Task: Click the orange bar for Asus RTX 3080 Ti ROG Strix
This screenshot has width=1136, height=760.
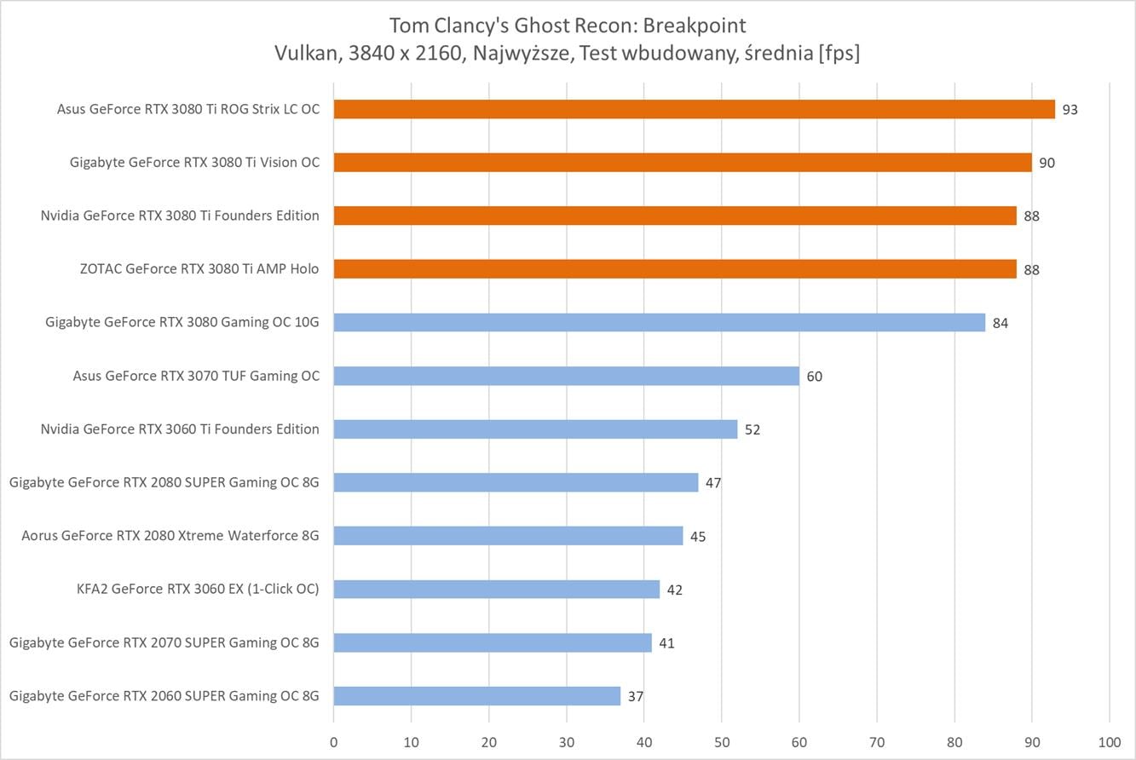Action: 695,109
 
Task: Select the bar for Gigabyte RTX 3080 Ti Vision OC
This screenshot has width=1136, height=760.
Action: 683,162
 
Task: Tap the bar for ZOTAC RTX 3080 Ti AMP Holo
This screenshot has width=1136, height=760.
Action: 675,268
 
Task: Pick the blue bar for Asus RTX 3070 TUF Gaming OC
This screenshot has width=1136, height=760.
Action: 567,376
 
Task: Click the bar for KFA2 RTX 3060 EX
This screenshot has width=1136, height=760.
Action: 497,589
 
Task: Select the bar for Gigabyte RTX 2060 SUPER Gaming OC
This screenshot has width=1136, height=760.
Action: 477,695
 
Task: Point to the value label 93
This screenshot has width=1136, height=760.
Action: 1070,110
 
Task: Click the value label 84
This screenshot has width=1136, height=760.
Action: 1000,323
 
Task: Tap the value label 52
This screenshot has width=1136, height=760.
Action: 753,430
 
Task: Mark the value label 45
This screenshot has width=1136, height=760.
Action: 698,537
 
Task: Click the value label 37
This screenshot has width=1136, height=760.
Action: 636,697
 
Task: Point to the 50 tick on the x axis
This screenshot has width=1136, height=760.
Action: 722,742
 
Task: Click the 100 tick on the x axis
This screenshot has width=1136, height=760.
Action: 1110,742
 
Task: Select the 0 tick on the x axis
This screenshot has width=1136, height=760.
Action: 334,742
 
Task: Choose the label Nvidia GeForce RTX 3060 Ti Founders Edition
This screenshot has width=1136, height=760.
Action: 180,429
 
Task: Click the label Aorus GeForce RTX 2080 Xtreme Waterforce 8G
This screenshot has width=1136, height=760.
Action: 170,535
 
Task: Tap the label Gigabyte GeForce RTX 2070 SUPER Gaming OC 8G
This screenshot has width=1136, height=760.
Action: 164,643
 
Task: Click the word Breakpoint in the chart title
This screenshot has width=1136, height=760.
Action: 695,26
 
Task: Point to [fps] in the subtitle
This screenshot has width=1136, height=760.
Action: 839,53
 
